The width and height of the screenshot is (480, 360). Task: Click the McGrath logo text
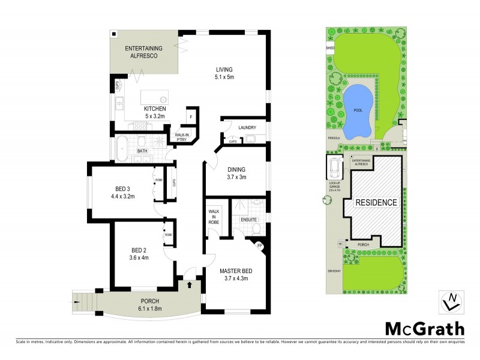coord(424,328)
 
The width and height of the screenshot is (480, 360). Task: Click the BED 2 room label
coord(139,253)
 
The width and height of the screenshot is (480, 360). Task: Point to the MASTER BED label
coord(235,274)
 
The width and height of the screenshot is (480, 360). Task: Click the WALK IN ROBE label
coord(214,217)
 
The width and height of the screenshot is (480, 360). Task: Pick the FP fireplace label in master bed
coord(260,245)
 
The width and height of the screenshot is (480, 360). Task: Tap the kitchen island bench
coord(154,97)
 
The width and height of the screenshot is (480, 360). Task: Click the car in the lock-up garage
coord(334,166)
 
